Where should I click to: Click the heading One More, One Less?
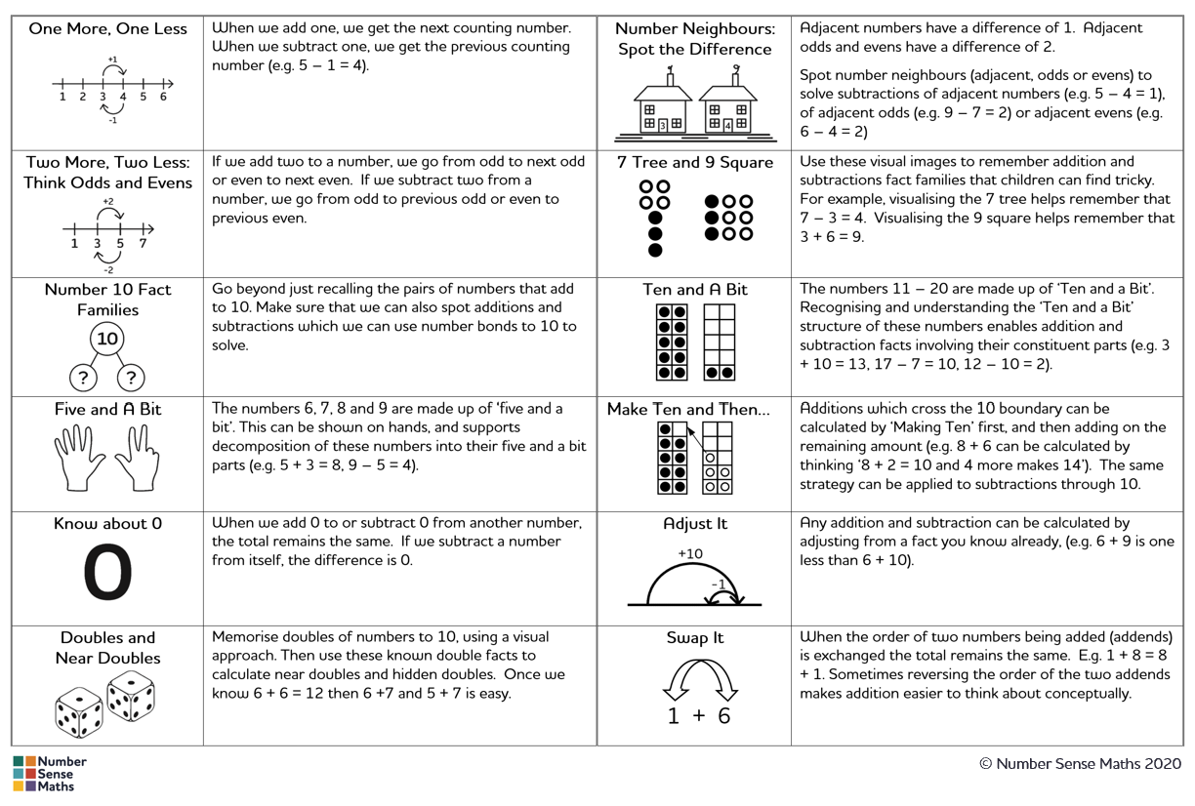click(107, 29)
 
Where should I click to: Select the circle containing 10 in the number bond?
click(107, 339)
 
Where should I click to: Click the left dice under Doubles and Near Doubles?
click(79, 711)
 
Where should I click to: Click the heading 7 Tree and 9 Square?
click(694, 163)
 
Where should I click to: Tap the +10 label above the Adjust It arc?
click(690, 553)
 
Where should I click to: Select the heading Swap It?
click(694, 638)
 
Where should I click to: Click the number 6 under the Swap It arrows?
click(723, 716)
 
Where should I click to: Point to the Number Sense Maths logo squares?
click(25, 774)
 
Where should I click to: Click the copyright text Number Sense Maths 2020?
click(1081, 764)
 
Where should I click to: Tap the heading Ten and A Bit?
click(694, 290)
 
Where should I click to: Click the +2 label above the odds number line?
click(107, 202)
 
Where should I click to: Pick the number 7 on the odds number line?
click(144, 244)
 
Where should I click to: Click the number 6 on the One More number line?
click(163, 97)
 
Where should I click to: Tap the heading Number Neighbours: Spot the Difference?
click(694, 39)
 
